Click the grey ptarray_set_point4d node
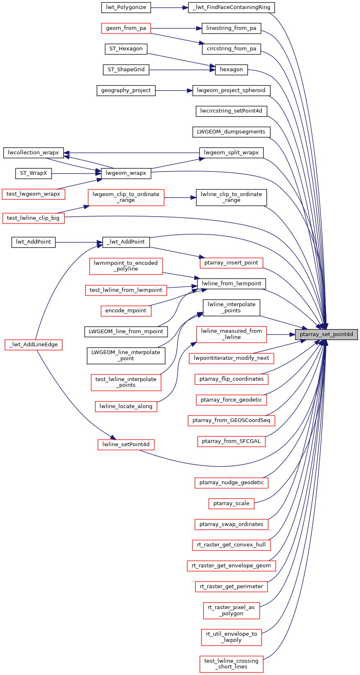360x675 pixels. pos(326,334)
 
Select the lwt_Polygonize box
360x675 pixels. pos(126,7)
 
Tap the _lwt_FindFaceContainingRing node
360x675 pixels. pos(231,7)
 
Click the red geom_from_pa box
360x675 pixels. pos(126,28)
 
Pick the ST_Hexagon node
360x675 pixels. pos(126,49)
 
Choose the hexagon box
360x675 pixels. pos(231,70)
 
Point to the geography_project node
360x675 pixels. pos(126,90)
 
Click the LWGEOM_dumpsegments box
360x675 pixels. pos(231,132)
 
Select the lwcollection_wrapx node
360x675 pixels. pos(34,153)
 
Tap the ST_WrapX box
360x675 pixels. pos(34,173)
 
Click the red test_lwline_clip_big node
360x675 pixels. pos(33,218)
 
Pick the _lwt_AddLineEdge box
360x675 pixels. pos(34,345)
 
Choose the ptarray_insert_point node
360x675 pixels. pos(231,263)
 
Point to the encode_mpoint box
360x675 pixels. pos(126,311)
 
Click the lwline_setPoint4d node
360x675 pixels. pos(126,445)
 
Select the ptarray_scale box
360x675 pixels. pos(231,503)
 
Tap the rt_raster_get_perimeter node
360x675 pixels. pos(231,587)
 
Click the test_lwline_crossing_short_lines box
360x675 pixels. pos(231,664)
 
